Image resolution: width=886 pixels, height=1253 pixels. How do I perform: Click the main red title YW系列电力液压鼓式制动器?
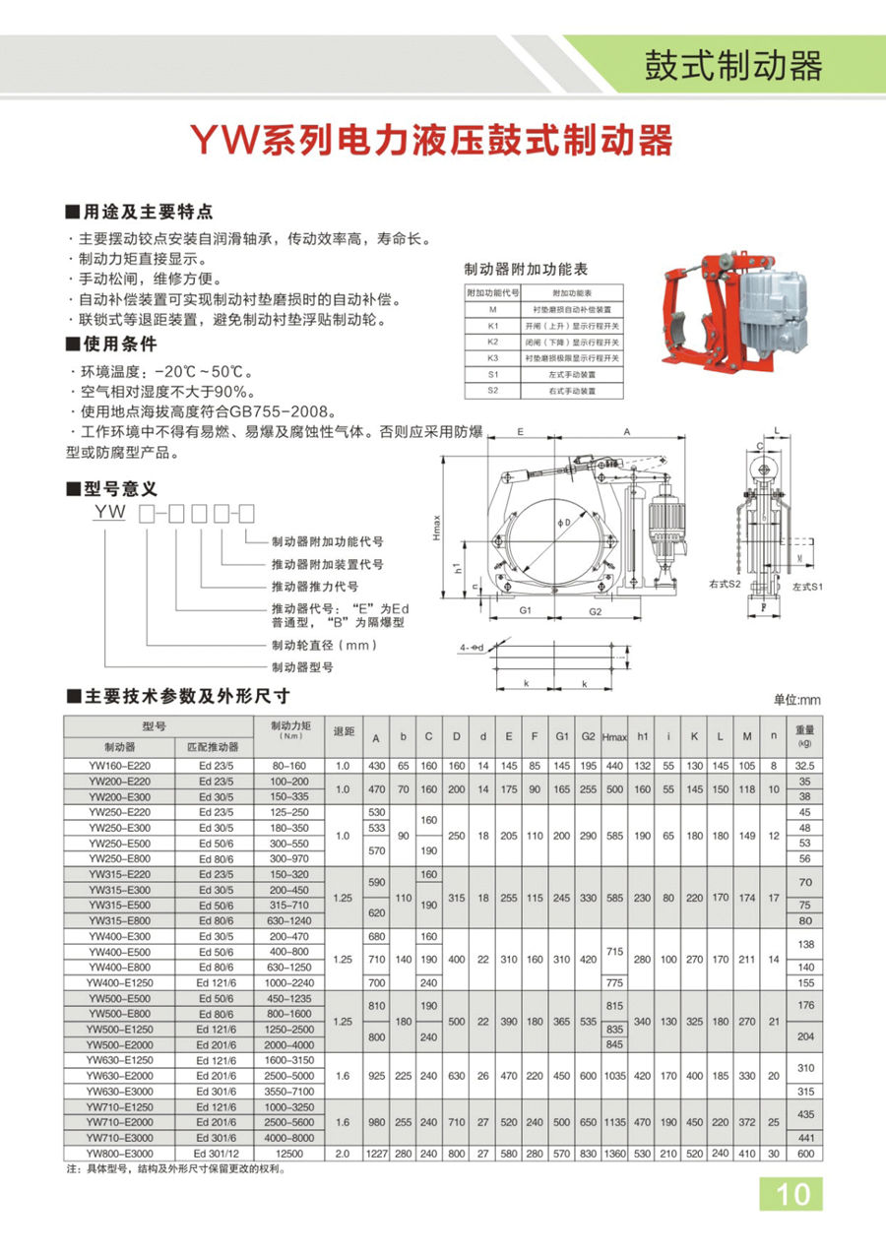point(431,142)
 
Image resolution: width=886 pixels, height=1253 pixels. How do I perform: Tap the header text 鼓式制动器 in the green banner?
point(732,66)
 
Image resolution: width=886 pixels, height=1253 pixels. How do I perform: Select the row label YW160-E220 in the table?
point(120,765)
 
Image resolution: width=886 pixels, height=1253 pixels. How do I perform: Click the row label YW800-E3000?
point(120,1153)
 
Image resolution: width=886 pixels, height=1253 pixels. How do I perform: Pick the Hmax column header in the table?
point(614,737)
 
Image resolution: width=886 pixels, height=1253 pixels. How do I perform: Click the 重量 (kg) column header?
point(804,736)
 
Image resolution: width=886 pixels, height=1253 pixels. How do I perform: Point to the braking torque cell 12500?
point(289,1153)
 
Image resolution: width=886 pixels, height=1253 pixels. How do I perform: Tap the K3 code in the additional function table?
point(493,357)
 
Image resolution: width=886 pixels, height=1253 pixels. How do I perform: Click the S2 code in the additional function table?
point(493,391)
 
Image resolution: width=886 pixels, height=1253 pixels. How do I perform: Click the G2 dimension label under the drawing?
point(596,611)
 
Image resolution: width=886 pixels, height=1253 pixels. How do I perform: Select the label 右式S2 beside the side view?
point(724,584)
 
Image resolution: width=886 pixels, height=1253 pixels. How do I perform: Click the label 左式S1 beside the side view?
point(806,586)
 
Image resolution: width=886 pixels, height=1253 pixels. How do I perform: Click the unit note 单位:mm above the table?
point(796,700)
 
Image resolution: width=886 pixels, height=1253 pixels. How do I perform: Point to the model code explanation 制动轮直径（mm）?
point(324,645)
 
